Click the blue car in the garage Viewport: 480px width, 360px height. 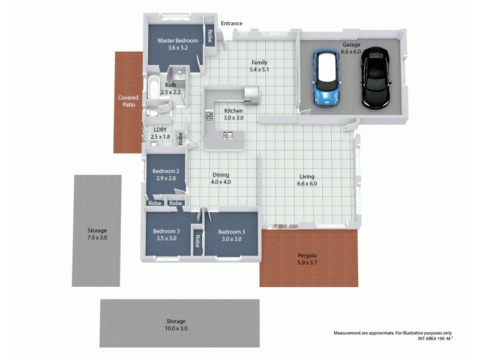(326, 77)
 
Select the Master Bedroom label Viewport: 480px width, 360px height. (178, 41)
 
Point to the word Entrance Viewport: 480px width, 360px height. (232, 24)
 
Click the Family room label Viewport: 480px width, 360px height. (259, 62)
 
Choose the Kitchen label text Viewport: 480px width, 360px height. (233, 111)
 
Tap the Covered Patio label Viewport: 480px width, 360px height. (128, 101)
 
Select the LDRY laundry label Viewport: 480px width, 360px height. (160, 130)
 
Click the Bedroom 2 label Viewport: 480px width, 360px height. (166, 172)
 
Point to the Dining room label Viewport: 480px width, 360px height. (220, 175)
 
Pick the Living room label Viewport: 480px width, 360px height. (307, 176)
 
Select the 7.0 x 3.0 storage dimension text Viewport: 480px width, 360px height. (97, 238)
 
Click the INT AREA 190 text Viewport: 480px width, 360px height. (431, 339)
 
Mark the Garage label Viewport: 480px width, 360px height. (351, 45)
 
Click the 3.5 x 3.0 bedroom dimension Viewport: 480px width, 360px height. (166, 238)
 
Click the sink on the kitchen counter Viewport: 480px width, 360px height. (228, 136)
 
